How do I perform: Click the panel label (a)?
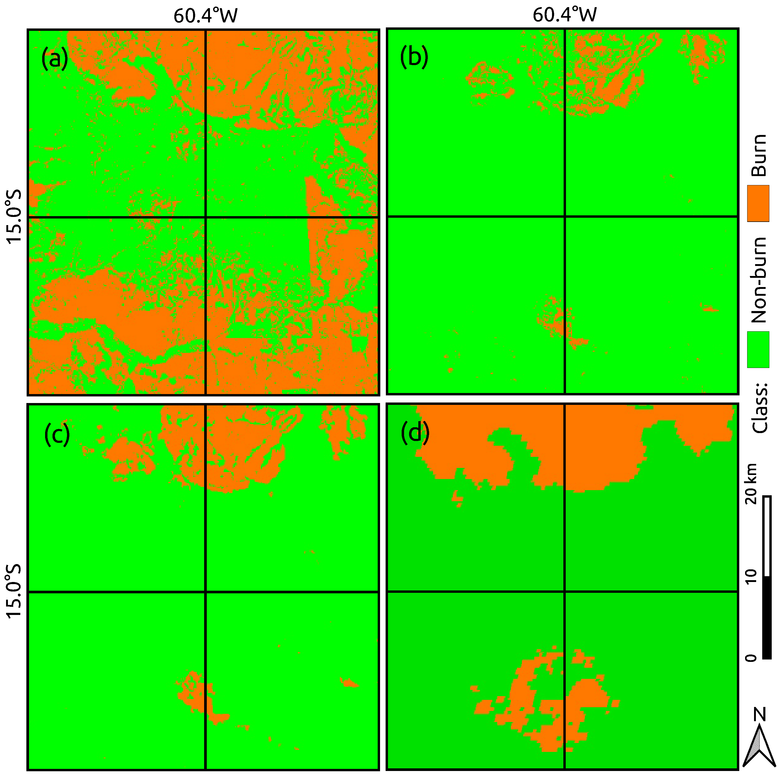click(54, 59)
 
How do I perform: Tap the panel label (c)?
click(57, 435)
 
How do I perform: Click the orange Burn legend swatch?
click(758, 203)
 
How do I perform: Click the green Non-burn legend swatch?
click(758, 350)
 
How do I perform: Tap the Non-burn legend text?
click(759, 280)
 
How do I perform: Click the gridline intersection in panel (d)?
click(564, 591)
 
